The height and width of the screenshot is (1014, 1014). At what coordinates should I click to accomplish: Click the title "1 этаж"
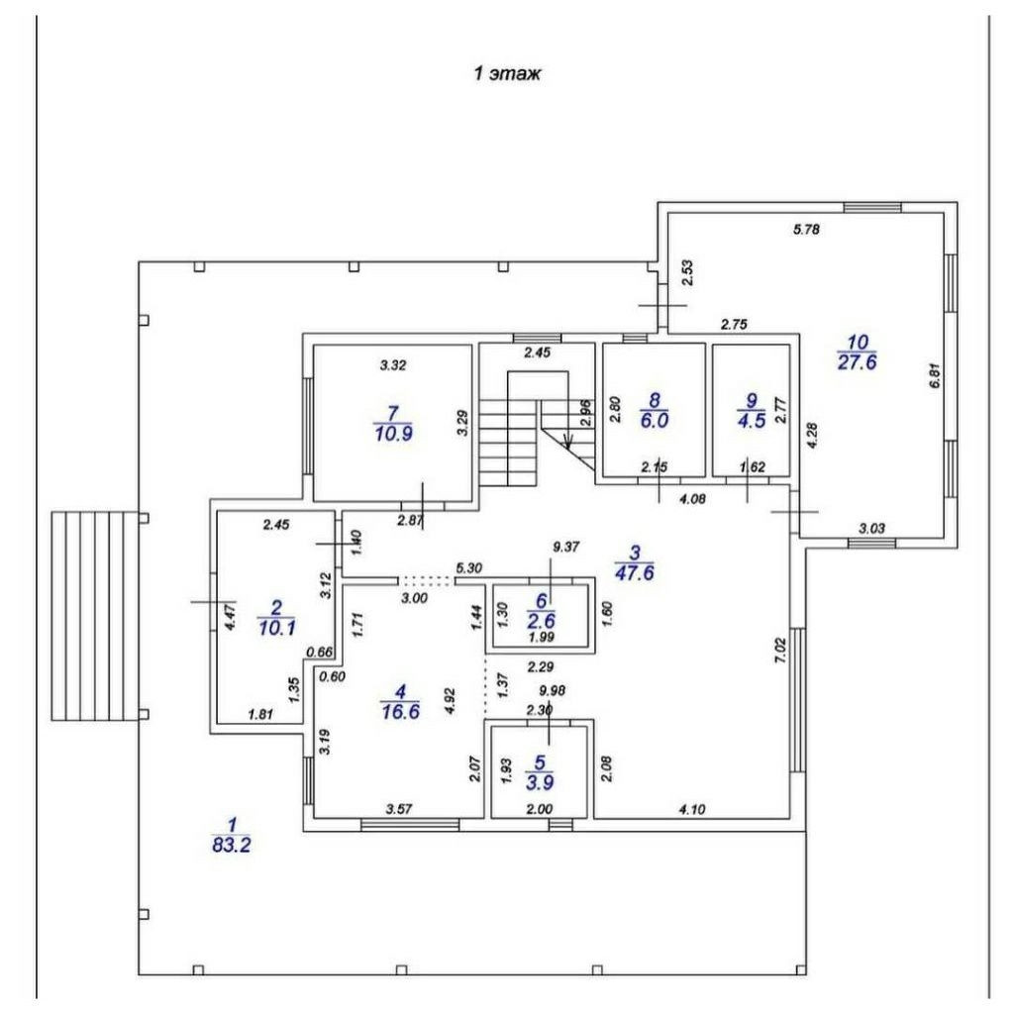507,74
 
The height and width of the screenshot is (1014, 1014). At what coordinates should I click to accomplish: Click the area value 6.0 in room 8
654,419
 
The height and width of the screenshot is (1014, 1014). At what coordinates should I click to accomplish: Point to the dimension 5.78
808,230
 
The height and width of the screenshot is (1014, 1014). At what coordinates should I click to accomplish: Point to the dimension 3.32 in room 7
395,365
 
